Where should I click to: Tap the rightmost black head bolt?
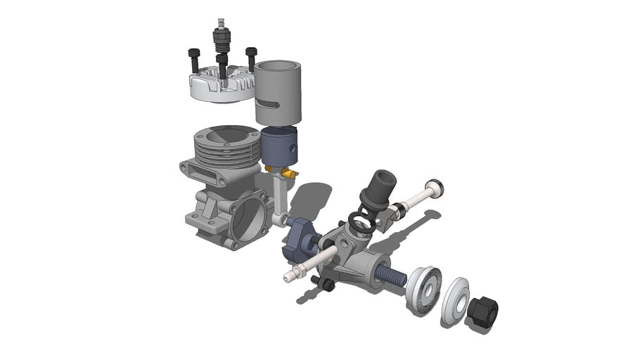pos(251,58)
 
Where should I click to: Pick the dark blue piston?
pos(281,145)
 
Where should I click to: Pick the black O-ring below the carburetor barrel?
pos(362,224)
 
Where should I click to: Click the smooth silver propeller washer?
pos(456,300)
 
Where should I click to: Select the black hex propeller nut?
pos(482,311)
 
